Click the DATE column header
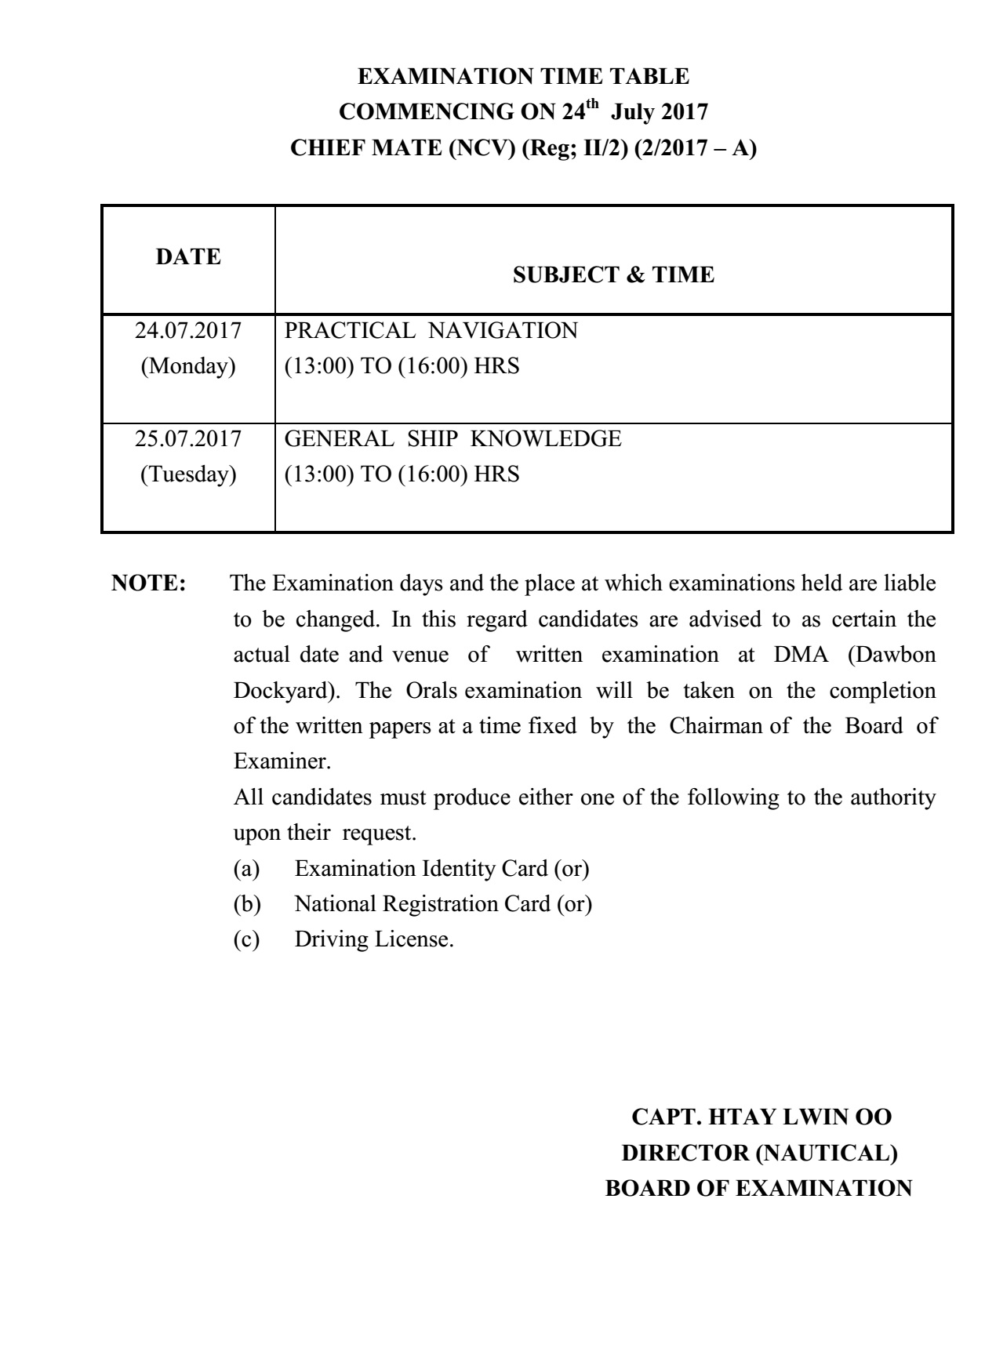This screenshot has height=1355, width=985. tap(188, 257)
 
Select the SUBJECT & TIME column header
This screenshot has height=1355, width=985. tap(613, 275)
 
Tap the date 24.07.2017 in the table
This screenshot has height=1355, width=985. tap(188, 331)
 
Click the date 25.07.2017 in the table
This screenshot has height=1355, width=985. tap(188, 439)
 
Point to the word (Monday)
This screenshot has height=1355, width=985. tap(188, 366)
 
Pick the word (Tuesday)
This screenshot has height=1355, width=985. tap(188, 474)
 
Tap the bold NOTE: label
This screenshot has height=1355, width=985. tap(149, 583)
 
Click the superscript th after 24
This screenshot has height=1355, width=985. tap(595, 104)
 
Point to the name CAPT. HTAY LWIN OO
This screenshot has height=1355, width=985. tap(761, 1117)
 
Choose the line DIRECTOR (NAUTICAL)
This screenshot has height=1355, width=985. tap(759, 1153)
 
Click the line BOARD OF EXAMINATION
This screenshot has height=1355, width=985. tap(758, 1189)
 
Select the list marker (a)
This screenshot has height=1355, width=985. tap(246, 869)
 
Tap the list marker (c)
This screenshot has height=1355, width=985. tap(246, 939)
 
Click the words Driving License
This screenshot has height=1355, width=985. tap(374, 939)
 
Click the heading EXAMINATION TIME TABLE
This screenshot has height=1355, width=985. tap(524, 77)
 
